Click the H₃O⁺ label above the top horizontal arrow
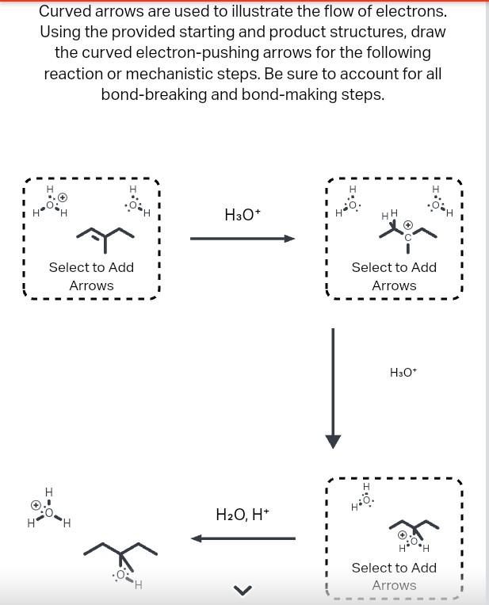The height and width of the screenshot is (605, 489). point(243,215)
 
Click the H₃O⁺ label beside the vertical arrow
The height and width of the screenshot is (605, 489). point(403,372)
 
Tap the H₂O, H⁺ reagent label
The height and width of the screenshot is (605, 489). point(243,515)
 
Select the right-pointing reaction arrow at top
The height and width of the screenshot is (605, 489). point(243,238)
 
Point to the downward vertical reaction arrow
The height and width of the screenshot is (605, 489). point(334,388)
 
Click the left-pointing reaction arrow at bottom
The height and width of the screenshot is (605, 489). point(243,538)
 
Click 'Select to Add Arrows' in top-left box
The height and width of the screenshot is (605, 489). point(91,276)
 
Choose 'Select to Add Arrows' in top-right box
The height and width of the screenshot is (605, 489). point(394,276)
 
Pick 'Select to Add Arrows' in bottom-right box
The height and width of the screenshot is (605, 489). point(394,576)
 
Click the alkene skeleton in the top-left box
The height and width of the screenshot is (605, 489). point(105,233)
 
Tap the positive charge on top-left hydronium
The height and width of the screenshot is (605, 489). point(63,197)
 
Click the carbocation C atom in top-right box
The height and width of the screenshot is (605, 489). point(408,237)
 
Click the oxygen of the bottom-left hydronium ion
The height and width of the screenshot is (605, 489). point(49,512)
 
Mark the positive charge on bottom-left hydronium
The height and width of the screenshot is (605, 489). point(36,504)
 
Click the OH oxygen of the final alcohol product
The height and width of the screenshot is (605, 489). point(121,574)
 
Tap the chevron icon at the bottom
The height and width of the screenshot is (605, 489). point(243,589)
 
